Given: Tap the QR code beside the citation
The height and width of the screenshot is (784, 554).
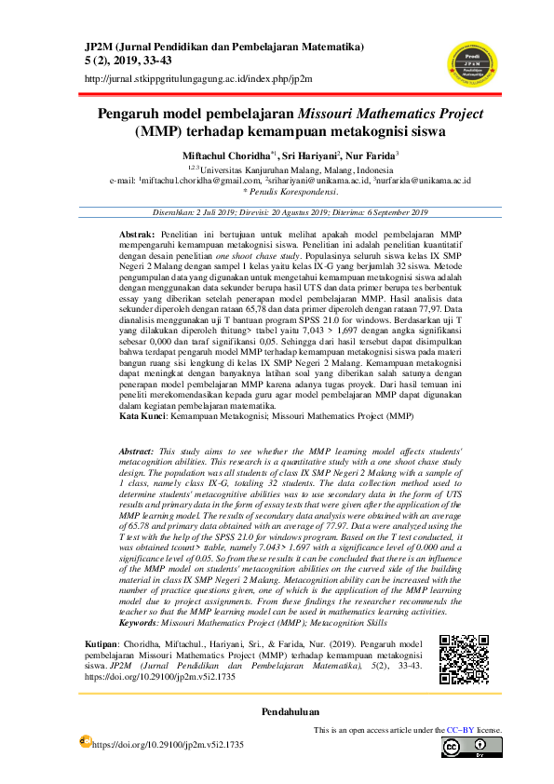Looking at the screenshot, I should click(x=463, y=661).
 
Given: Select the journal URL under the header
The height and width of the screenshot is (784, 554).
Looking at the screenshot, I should click(x=197, y=79).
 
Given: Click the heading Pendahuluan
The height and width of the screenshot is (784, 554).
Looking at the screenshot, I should click(x=277, y=713).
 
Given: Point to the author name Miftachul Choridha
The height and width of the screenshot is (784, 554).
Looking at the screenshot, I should click(x=221, y=155).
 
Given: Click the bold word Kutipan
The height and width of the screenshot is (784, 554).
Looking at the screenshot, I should click(x=102, y=644).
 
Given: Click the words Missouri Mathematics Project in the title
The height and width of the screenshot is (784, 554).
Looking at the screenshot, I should click(x=386, y=115).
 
